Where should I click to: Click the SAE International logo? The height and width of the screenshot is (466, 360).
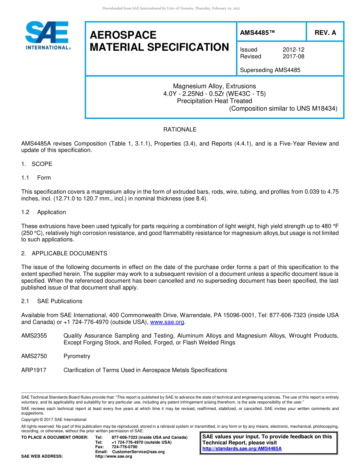click(47, 36)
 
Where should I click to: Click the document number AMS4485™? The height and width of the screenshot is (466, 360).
click(257, 33)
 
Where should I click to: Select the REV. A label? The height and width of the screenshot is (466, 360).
click(325, 33)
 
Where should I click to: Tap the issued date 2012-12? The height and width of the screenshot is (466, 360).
click(293, 50)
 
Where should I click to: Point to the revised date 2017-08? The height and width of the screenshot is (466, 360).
click(293, 56)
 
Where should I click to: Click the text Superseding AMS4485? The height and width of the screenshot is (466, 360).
click(270, 70)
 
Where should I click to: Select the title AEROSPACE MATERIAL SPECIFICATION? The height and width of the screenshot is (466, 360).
click(159, 41)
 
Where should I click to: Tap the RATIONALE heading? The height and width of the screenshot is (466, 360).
click(180, 130)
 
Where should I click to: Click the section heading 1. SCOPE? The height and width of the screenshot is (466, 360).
click(37, 164)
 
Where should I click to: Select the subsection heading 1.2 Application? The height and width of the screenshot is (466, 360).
click(44, 212)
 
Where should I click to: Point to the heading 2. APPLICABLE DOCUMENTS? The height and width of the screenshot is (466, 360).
click(64, 253)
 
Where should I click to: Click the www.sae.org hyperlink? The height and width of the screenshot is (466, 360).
click(167, 322)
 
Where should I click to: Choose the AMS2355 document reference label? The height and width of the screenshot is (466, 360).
click(34, 336)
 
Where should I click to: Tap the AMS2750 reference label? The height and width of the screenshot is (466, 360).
click(34, 356)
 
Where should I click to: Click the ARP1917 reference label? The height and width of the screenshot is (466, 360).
click(34, 370)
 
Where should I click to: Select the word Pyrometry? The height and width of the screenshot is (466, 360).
click(77, 356)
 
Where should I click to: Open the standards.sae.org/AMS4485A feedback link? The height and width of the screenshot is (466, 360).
click(242, 449)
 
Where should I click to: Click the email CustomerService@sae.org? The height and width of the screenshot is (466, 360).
click(138, 452)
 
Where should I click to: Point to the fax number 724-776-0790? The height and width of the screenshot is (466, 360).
click(124, 447)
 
